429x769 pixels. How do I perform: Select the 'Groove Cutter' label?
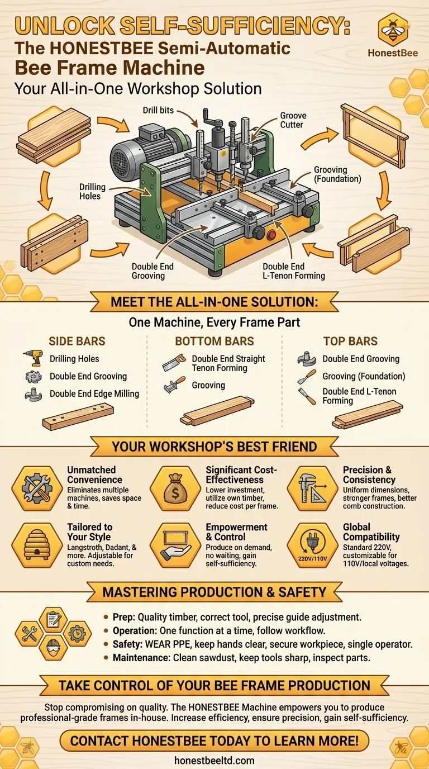tap(293, 120)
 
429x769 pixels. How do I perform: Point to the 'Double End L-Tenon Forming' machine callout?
tap(293, 271)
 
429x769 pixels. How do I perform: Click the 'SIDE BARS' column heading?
tap(77, 341)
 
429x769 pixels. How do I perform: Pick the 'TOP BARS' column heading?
tap(350, 341)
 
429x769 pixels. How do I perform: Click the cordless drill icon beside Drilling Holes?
tap(32, 358)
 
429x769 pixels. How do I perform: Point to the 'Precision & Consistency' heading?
tap(369, 475)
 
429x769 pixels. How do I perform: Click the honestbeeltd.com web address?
tap(214, 760)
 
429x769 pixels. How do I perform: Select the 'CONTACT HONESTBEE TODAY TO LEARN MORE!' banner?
tap(214, 742)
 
